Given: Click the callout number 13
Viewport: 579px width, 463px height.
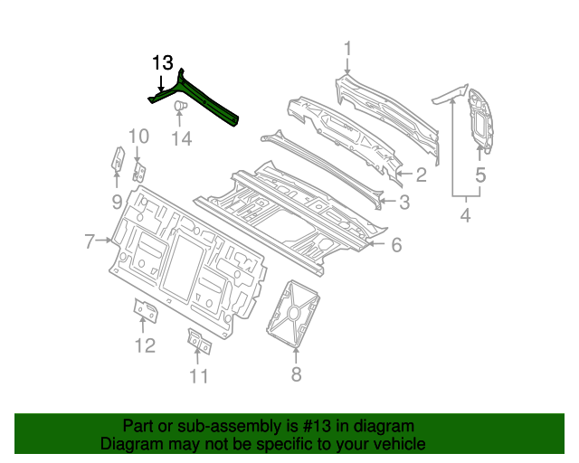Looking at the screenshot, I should (162, 62).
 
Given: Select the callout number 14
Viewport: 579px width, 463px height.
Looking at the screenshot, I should (183, 138).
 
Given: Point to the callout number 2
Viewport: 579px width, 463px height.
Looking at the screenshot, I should (421, 175).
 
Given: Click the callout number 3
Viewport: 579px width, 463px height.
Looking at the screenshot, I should (405, 203).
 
